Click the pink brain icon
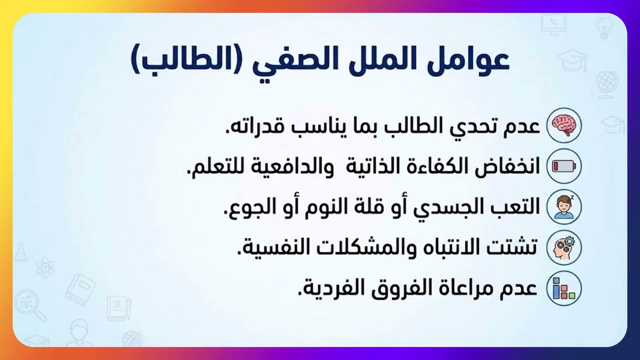564,124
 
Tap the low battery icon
564,165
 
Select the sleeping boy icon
564,206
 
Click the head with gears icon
564,247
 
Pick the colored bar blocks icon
564,288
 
